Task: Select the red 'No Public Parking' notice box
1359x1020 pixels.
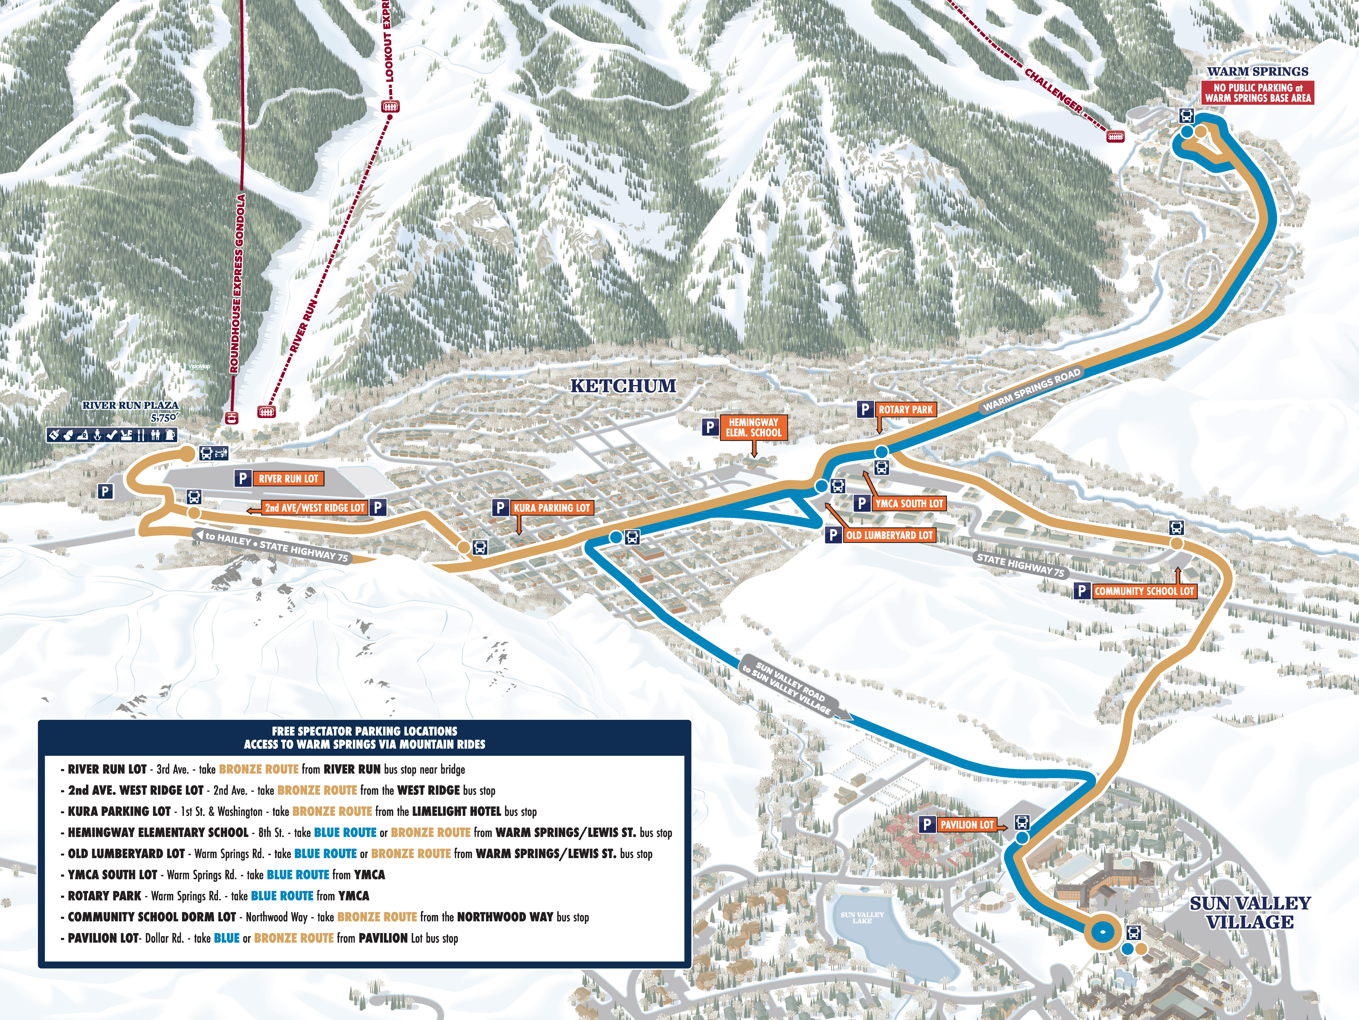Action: pos(1258,93)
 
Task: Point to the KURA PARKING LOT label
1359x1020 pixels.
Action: pos(552,508)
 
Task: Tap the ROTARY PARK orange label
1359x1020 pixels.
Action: pos(905,410)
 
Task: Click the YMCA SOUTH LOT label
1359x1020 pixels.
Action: pos(909,504)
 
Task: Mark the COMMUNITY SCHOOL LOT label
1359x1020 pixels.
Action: pos(1144,591)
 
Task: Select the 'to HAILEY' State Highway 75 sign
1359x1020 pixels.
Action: pos(272,545)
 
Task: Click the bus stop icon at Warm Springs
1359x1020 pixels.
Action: pos(1187,115)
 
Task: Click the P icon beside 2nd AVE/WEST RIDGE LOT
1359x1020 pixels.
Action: pos(379,507)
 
